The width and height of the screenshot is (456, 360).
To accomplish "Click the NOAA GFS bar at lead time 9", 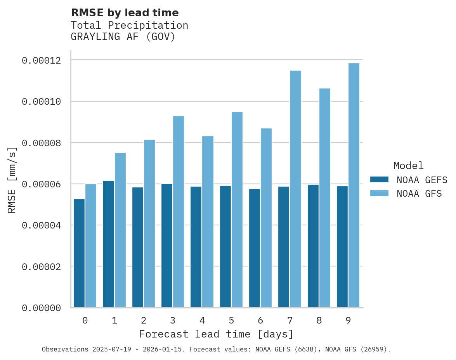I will click(x=354, y=185).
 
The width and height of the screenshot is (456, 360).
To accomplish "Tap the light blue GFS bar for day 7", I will click(x=295, y=189).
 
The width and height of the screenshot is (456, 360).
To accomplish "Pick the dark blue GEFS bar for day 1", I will click(x=108, y=244).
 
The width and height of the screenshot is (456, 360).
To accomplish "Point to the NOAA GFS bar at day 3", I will click(x=179, y=212).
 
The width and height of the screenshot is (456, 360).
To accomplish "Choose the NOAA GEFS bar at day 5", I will click(x=225, y=247).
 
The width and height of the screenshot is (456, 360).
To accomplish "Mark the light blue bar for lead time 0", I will click(x=91, y=246).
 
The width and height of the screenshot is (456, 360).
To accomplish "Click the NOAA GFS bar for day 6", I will click(x=266, y=218).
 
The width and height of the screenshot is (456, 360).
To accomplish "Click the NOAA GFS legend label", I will click(x=419, y=194).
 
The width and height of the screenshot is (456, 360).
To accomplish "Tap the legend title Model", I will click(x=408, y=166).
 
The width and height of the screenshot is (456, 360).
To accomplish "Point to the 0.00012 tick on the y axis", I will click(x=42, y=61).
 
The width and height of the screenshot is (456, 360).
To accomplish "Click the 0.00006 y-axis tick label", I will click(x=42, y=184).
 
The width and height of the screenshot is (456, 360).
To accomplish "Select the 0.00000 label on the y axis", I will click(x=42, y=308).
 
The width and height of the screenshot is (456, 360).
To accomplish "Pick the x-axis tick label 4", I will click(x=202, y=321).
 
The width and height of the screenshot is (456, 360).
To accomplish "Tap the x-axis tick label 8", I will click(x=319, y=321).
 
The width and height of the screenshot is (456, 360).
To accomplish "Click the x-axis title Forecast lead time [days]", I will click(x=216, y=334).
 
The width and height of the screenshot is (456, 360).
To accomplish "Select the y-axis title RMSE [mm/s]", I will click(x=12, y=180).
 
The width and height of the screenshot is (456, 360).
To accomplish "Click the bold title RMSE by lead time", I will click(x=125, y=13).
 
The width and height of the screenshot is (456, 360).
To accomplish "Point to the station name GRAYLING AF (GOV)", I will click(x=123, y=37).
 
